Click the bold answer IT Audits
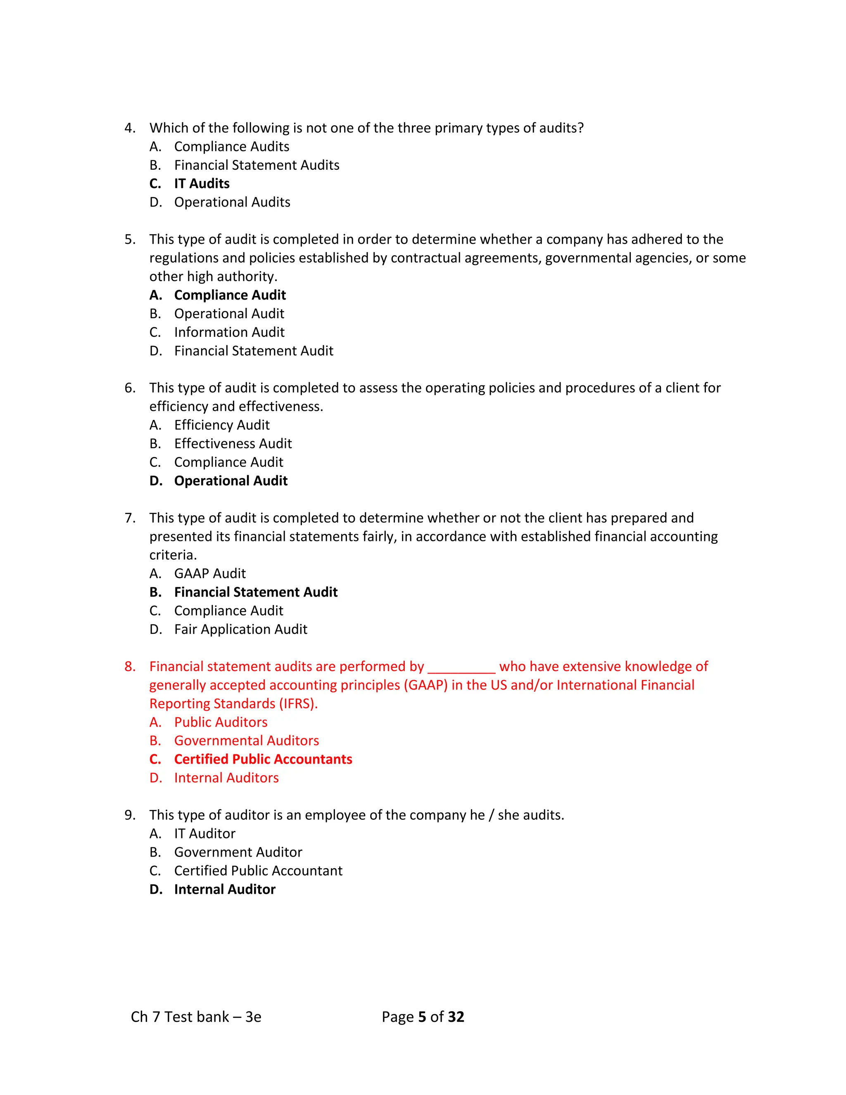pyautogui.click(x=202, y=183)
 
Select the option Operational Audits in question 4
pyautogui.click(x=232, y=202)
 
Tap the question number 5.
pyautogui.click(x=130, y=239)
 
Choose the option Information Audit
pyautogui.click(x=229, y=332)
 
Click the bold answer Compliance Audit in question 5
pyautogui.click(x=230, y=295)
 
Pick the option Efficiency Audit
pyautogui.click(x=221, y=425)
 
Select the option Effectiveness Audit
pyautogui.click(x=233, y=443)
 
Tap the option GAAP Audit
pyautogui.click(x=210, y=573)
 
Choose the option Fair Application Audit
pyautogui.click(x=240, y=629)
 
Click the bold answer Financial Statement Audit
pyautogui.click(x=256, y=592)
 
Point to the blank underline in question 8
pyautogui.click(x=461, y=669)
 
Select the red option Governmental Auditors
pyautogui.click(x=246, y=740)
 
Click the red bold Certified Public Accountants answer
pyautogui.click(x=263, y=759)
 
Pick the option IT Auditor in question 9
pyautogui.click(x=204, y=833)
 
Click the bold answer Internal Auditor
pyautogui.click(x=225, y=889)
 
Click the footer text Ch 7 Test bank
pyautogui.click(x=180, y=1016)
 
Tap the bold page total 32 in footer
pyautogui.click(x=456, y=1016)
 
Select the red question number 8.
pyautogui.click(x=130, y=667)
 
